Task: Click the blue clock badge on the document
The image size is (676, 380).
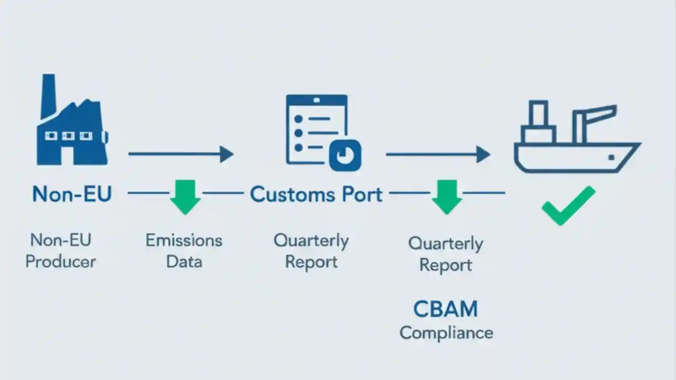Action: pyautogui.click(x=345, y=155)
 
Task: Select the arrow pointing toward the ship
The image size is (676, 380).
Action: pyautogui.click(x=438, y=154)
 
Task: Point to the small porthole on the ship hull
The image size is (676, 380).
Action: pyautogui.click(x=611, y=157)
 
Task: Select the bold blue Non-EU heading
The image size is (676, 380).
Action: pyautogui.click(x=72, y=194)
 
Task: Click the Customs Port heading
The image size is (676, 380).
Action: pyautogui.click(x=316, y=194)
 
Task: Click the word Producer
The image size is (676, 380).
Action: pyautogui.click(x=61, y=261)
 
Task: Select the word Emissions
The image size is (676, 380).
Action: pyautogui.click(x=184, y=240)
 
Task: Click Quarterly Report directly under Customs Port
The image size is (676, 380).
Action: pyautogui.click(x=311, y=251)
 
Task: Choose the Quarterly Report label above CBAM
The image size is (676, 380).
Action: pyautogui.click(x=445, y=254)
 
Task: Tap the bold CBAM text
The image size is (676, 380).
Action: pyautogui.click(x=445, y=309)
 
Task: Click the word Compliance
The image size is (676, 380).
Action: pyautogui.click(x=446, y=333)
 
